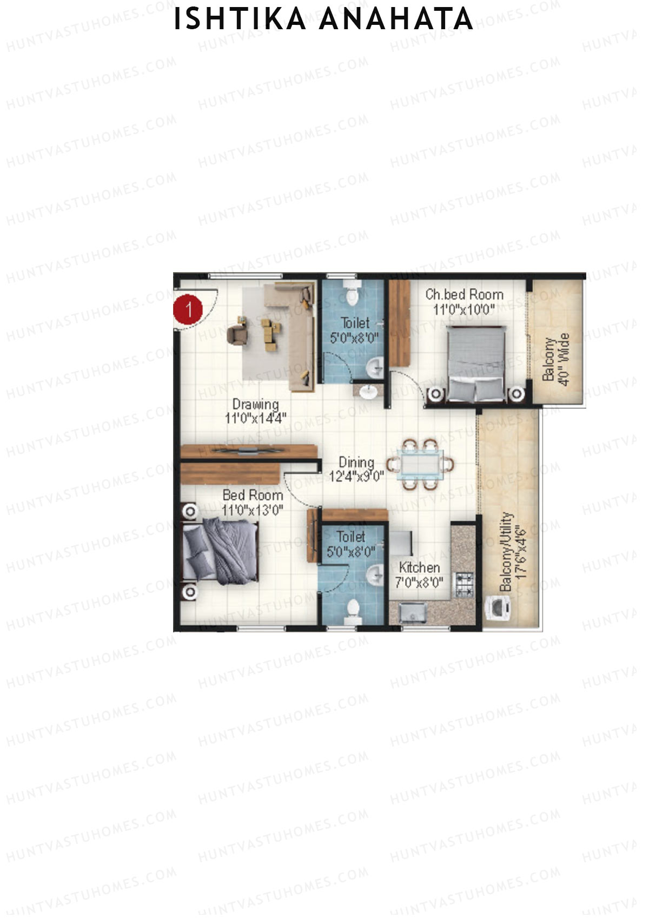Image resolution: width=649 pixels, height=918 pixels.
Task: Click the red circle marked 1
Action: point(187,310)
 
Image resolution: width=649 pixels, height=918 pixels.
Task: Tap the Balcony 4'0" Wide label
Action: point(556,359)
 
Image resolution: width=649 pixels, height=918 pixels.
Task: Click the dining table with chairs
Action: point(420,465)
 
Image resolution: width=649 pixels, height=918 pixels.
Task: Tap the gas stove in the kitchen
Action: point(464,584)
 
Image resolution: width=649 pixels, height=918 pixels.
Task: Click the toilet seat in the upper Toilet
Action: point(352,292)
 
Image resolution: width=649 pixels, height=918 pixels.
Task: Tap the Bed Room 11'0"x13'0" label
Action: point(253,503)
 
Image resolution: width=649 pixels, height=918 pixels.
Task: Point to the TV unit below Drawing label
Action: point(248,451)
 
